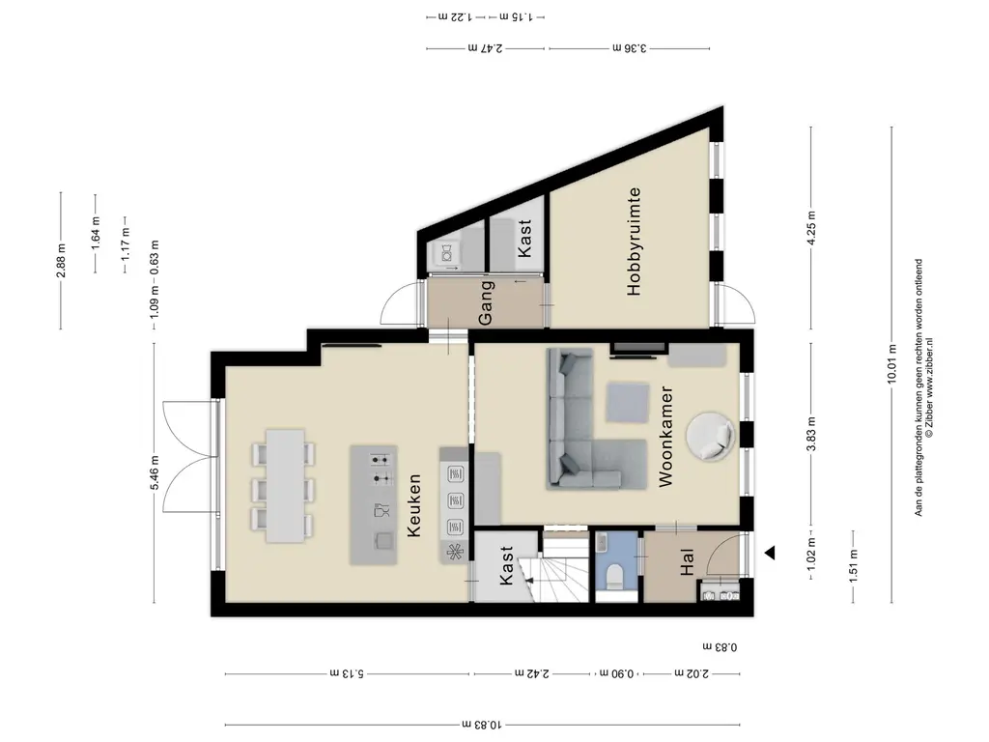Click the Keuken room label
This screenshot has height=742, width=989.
pos(413,506)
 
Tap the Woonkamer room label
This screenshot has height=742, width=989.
pos(666,437)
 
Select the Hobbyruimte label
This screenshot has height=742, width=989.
pos(634,241)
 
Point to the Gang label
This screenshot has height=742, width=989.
pos(485,303)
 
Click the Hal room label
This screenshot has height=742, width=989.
pos(687,562)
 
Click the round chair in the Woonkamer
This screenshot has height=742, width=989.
pos(711,436)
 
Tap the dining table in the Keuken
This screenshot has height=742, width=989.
pos(286,486)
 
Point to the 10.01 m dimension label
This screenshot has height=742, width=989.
pos(891,363)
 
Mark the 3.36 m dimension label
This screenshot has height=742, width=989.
pos(630,48)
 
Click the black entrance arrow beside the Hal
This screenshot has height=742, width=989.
pos(770,554)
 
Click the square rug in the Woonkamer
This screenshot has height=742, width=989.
pos(628,403)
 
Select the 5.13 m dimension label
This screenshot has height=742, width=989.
pos(347,673)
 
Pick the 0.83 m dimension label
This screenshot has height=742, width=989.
pos(720,646)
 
